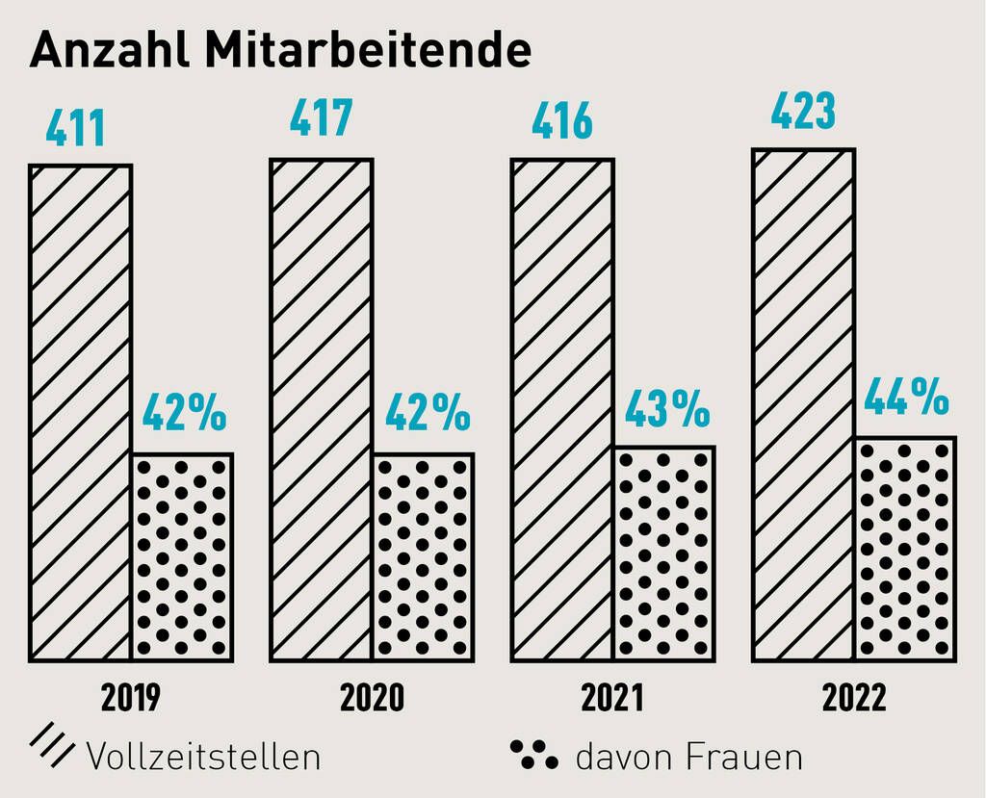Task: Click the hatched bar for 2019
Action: click(x=80, y=413)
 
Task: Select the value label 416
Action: click(x=561, y=123)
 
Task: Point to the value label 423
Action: click(x=803, y=112)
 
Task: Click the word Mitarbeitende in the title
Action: click(x=368, y=51)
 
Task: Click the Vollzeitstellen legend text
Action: click(x=203, y=756)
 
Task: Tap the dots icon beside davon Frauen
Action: click(x=533, y=755)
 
